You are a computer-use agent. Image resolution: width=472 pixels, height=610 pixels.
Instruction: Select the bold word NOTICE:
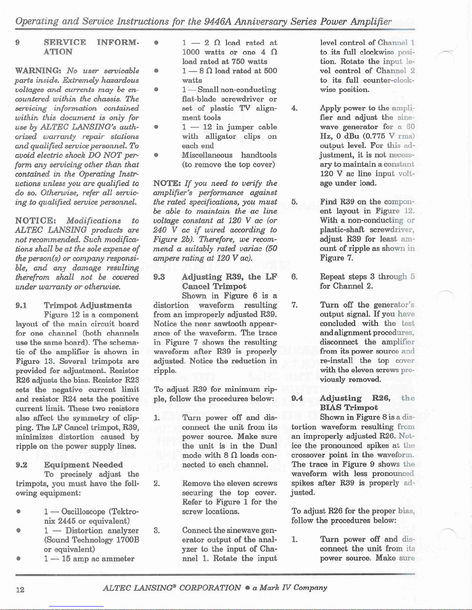36,221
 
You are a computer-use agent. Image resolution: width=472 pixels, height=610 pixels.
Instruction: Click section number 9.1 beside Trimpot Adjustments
21,305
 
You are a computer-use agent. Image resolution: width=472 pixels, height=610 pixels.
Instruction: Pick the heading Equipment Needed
83,465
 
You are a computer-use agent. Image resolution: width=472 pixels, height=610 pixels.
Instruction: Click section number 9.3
159,277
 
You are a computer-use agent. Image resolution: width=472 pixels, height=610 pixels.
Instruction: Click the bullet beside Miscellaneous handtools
156,155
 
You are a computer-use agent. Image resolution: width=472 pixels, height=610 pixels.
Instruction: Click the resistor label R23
132,380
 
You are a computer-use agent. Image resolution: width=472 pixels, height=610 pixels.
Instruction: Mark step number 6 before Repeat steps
294,277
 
